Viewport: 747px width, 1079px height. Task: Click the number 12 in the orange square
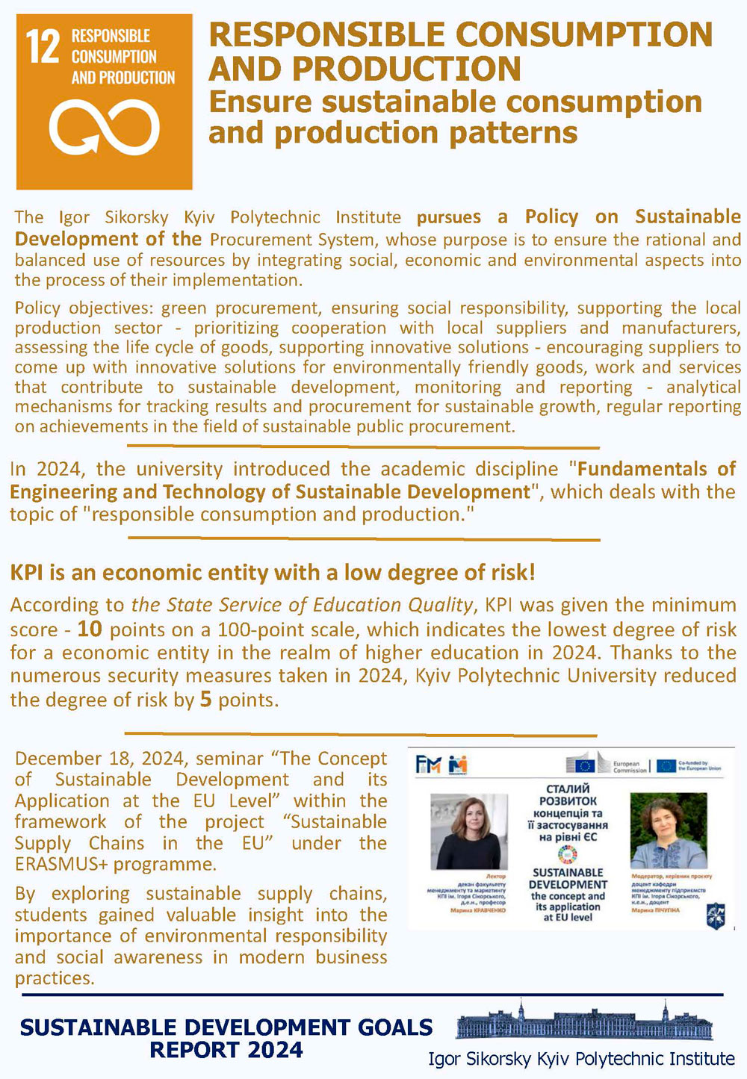click(43, 48)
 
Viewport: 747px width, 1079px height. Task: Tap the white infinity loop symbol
click(105, 127)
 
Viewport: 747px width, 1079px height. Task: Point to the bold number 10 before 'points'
click(89, 629)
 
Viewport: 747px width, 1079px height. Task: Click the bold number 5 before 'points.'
click(205, 700)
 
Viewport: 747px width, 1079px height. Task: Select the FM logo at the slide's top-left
click(429, 764)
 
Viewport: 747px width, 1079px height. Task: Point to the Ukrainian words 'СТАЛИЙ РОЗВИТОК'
click(568, 795)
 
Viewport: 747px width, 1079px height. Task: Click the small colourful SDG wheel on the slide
click(568, 856)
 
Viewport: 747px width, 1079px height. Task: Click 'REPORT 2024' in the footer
click(226, 1050)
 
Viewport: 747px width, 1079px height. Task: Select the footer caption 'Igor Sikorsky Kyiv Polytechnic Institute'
click(581, 1059)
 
